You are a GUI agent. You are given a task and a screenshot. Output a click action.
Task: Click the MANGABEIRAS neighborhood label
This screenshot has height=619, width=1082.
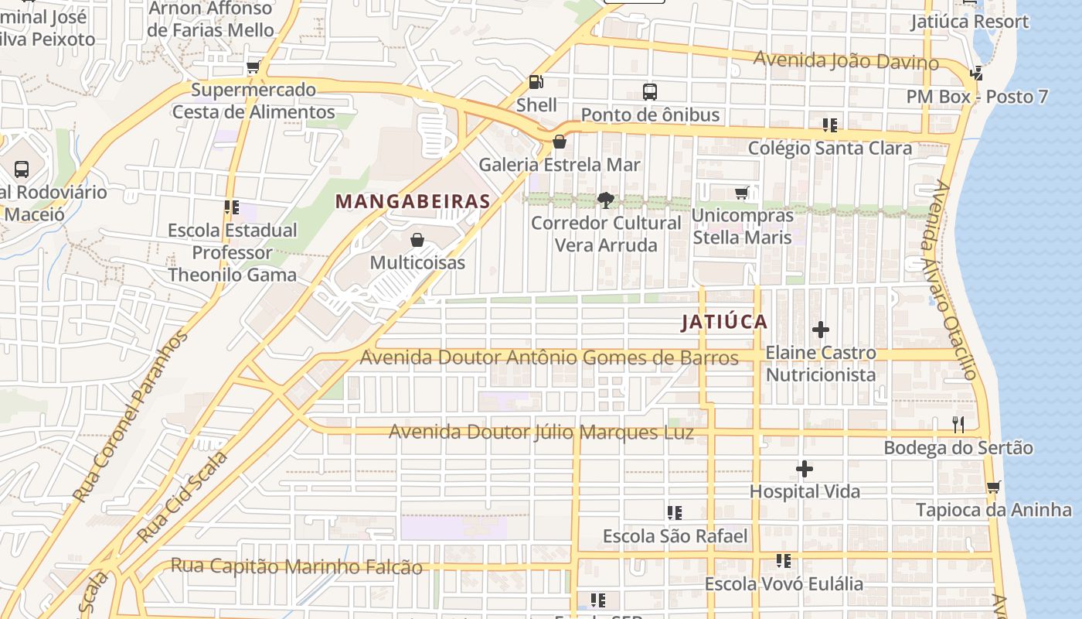click(x=413, y=202)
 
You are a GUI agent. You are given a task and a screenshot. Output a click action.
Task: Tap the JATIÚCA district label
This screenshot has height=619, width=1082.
click(x=724, y=323)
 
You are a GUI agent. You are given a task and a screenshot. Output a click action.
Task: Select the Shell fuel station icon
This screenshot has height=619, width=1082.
click(x=536, y=81)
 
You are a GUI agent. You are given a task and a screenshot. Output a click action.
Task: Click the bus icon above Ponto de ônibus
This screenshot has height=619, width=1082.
click(x=650, y=92)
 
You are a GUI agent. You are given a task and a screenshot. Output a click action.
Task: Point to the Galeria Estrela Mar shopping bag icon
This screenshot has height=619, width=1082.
click(x=560, y=142)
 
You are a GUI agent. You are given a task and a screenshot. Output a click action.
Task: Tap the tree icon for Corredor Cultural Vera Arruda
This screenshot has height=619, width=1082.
click(x=606, y=200)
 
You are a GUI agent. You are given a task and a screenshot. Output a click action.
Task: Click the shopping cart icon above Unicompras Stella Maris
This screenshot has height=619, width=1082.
click(x=742, y=193)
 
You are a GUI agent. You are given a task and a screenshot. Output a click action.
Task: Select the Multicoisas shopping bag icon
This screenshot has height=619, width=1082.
click(x=417, y=240)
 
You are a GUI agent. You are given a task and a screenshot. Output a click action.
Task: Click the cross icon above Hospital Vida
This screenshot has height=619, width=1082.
click(x=805, y=469)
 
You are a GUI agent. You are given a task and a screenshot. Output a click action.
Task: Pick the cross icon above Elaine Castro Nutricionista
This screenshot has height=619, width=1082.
click(x=821, y=330)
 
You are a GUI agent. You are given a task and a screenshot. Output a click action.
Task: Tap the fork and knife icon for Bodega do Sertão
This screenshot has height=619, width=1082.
click(x=958, y=424)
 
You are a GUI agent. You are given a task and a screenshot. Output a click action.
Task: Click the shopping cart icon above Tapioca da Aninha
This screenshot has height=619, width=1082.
click(x=994, y=487)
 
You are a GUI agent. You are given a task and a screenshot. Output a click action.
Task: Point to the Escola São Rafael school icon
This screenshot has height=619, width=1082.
click(x=675, y=513)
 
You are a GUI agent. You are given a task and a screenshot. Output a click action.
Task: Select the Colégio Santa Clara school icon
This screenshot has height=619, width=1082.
click(x=830, y=125)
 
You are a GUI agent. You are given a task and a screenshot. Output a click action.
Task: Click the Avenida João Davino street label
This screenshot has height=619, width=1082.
click(x=846, y=61)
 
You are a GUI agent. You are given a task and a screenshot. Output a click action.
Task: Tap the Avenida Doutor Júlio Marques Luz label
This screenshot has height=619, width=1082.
click(x=540, y=432)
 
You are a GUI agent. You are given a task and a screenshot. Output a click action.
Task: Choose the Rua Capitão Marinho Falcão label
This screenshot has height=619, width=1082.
click(x=297, y=566)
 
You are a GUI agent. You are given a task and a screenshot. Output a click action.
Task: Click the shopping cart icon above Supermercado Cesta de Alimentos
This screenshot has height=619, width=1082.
click(x=253, y=67)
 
